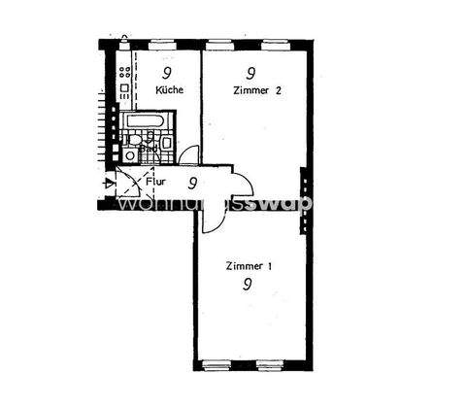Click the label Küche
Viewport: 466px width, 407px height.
pyautogui.click(x=170, y=90)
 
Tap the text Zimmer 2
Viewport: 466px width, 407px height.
pyautogui.click(x=256, y=90)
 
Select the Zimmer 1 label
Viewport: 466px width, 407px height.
pyautogui.click(x=249, y=265)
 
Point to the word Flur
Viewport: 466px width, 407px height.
pyautogui.click(x=155, y=180)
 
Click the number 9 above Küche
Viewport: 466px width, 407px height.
pyautogui.click(x=167, y=73)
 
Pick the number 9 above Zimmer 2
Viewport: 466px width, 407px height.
pyautogui.click(x=251, y=73)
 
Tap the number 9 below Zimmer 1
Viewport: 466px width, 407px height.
pyautogui.click(x=249, y=285)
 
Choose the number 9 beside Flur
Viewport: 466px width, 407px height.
pyautogui.click(x=193, y=182)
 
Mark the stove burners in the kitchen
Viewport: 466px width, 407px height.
pyautogui.click(x=124, y=72)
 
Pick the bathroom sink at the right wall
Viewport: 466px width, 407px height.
pyautogui.click(x=168, y=144)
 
